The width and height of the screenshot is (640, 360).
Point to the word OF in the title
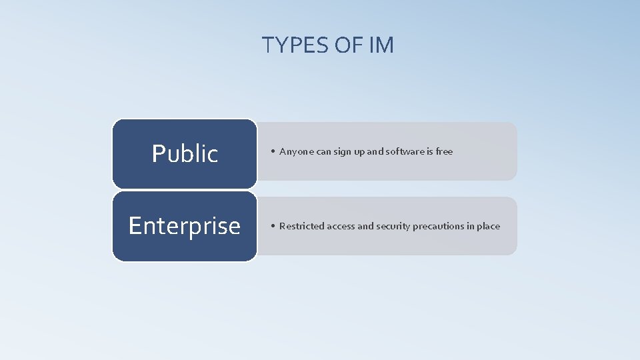[346, 45]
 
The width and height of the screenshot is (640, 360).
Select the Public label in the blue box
[185, 154]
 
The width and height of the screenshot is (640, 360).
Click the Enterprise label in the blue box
[185, 226]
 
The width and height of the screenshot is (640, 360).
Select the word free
[444, 151]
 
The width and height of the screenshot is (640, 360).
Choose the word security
[393, 226]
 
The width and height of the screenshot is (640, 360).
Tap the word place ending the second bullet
[488, 226]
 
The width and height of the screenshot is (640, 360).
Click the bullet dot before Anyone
[273, 152]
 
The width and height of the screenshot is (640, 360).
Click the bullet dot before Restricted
[273, 227]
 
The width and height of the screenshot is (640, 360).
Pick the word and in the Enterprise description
[365, 226]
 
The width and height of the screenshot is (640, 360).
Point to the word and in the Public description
[375, 151]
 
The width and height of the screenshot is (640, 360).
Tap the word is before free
[430, 151]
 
